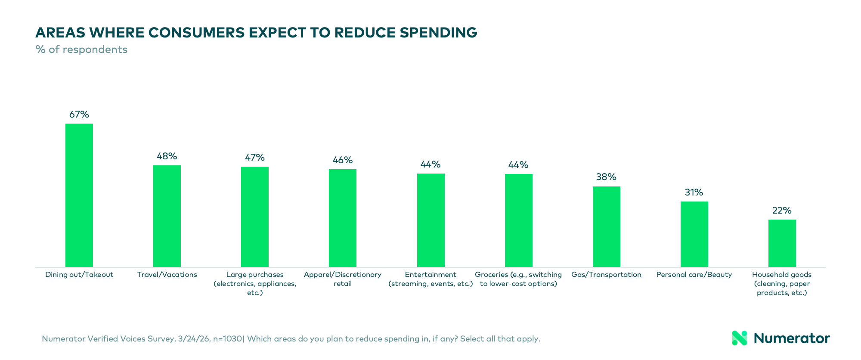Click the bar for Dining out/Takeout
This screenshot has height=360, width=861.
[79, 195]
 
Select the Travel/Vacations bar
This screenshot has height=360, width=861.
[167, 216]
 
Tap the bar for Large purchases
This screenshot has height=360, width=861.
[255, 217]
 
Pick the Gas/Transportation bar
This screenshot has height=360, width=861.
[607, 227]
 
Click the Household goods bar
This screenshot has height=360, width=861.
[782, 243]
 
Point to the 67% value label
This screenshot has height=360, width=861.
[79, 115]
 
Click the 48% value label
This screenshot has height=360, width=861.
[167, 156]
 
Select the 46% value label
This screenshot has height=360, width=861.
[343, 160]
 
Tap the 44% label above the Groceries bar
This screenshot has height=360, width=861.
[518, 165]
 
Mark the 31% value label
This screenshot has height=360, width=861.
[694, 192]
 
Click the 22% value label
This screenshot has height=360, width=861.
[782, 211]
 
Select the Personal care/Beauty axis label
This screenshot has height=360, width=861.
[694, 275]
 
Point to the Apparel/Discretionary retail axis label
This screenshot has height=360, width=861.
[343, 279]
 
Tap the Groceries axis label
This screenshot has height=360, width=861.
[518, 279]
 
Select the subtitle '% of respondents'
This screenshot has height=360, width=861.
[81, 50]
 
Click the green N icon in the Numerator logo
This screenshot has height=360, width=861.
[739, 338]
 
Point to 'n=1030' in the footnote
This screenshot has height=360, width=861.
[227, 339]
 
